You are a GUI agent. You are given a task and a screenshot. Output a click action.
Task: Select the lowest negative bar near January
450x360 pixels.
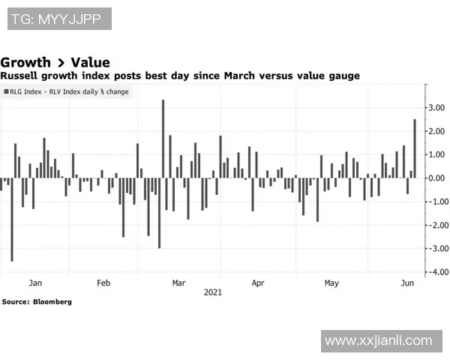point(11,219)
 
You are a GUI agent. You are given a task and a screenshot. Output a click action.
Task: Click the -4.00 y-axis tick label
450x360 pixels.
point(436,271)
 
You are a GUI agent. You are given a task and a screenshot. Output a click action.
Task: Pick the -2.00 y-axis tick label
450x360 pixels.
point(436,225)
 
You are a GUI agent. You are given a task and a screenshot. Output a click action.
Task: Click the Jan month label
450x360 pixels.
point(35,283)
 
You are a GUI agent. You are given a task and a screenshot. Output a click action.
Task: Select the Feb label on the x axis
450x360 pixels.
point(103,283)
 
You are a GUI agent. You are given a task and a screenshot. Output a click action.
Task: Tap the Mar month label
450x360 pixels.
point(178,283)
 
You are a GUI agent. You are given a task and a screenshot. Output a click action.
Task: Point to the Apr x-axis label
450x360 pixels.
point(258,283)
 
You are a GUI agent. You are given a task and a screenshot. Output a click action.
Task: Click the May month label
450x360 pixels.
point(331,283)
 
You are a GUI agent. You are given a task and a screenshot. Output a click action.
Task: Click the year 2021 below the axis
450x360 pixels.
point(213,293)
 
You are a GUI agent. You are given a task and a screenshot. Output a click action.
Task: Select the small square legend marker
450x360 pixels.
point(7,91)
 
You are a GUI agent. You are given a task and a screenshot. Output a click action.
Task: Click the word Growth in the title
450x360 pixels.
point(26,62)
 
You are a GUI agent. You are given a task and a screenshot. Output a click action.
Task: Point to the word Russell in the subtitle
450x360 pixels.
point(22,76)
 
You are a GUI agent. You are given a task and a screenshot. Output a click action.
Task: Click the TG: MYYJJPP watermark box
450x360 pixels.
point(59,19)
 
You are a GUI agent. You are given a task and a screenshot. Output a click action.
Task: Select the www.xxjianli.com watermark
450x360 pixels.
point(379,340)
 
